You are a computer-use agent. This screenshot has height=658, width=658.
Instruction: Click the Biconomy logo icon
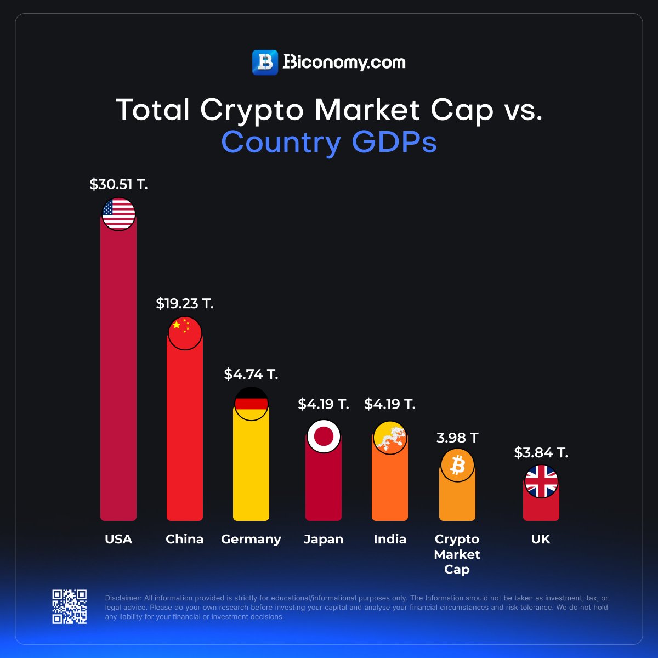(265, 63)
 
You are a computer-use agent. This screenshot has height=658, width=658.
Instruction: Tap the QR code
(70, 606)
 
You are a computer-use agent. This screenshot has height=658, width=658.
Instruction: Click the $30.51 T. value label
(119, 184)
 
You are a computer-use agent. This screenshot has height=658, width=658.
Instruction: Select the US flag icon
(119, 214)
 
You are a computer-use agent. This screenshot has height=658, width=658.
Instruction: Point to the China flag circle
(185, 333)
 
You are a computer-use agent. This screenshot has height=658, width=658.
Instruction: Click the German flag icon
(251, 404)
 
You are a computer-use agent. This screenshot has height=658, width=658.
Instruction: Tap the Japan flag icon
(324, 436)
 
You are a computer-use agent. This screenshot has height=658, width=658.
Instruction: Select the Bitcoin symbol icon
(457, 466)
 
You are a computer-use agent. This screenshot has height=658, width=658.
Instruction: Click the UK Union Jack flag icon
(541, 481)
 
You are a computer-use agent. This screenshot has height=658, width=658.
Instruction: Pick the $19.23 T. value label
(185, 303)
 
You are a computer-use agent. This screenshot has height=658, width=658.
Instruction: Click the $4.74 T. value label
(251, 375)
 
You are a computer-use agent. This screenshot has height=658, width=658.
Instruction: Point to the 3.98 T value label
(457, 438)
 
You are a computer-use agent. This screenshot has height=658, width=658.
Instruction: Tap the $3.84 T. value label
(541, 452)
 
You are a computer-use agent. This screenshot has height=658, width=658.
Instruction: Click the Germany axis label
(251, 539)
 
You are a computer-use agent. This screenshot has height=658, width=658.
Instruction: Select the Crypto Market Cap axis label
(457, 554)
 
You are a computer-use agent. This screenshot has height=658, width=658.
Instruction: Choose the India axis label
(390, 539)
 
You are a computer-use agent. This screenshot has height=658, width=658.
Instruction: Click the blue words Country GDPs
(329, 142)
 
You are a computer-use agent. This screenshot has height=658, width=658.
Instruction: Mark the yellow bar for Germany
(251, 472)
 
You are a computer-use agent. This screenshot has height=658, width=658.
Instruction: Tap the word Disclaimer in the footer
(123, 598)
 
